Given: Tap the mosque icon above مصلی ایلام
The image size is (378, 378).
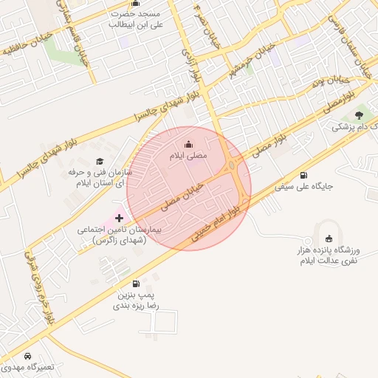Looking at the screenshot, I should click(x=188, y=144).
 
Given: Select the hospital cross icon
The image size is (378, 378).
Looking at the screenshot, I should click(x=120, y=219).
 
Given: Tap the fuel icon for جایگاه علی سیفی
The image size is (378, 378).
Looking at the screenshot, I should click(x=303, y=175).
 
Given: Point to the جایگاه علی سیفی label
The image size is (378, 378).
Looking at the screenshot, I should click(x=303, y=187).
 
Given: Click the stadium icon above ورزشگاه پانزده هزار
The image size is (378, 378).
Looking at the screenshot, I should click(x=329, y=238).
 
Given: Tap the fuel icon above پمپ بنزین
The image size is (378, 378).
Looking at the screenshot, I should click(x=135, y=283).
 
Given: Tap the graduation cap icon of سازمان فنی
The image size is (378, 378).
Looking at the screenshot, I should click(x=100, y=162).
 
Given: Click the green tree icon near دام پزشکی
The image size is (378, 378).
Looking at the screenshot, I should click(x=360, y=114).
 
